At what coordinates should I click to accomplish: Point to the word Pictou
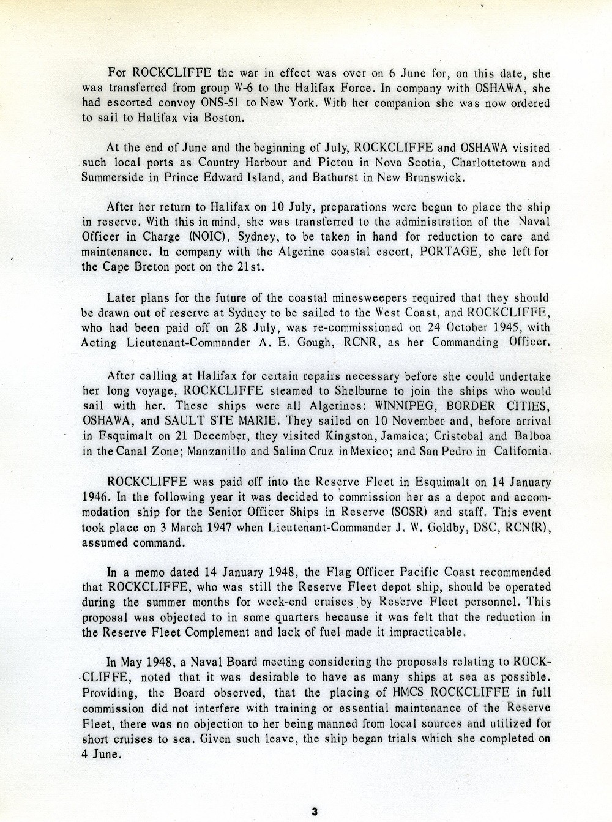(x=340, y=163)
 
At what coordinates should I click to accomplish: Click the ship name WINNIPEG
(x=411, y=406)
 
